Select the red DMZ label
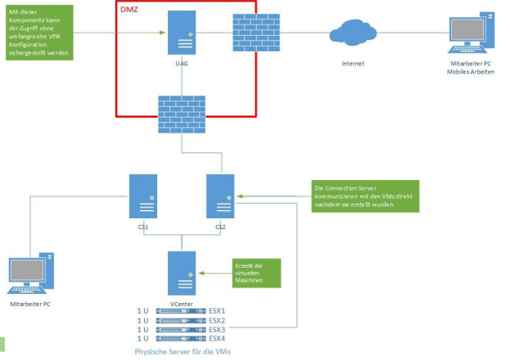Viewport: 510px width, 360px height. [x=130, y=9]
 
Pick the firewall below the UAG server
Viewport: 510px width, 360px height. [x=181, y=115]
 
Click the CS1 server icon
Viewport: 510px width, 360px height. [x=143, y=196]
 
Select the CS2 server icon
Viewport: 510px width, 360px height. [x=220, y=196]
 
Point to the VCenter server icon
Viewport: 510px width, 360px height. [x=181, y=273]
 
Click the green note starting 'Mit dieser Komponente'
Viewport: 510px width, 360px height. [x=41, y=33]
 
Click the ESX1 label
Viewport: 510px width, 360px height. [x=217, y=310]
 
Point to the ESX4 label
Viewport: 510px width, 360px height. [x=217, y=338]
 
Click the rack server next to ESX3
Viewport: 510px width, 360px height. [x=181, y=329]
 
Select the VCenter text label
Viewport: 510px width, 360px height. [x=181, y=303]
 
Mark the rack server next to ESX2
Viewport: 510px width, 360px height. [x=181, y=320]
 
